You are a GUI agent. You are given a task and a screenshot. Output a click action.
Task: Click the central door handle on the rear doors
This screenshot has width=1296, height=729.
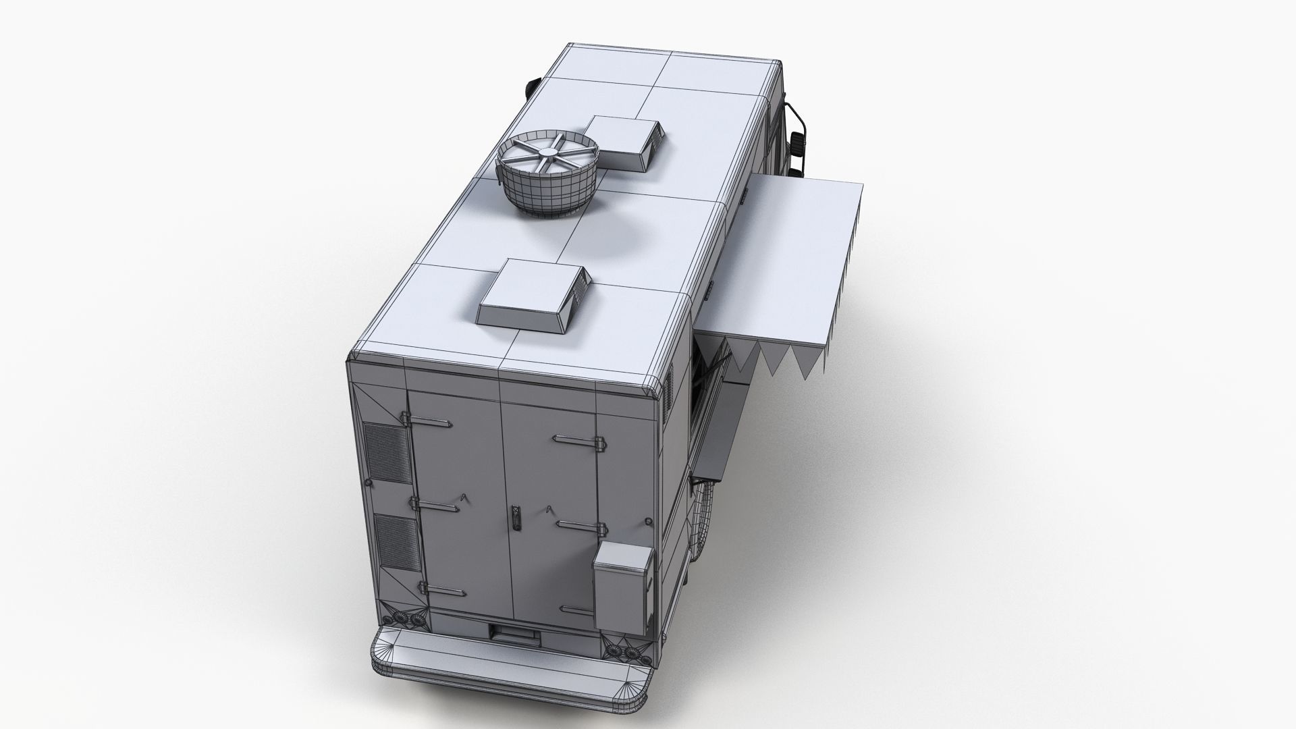[x=518, y=518]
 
